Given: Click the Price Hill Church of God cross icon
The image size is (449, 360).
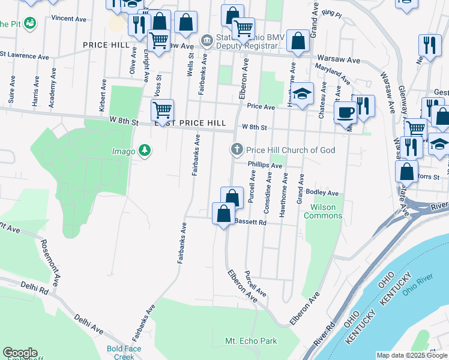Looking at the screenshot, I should pos(237,149).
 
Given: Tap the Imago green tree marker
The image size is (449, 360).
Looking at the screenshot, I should pos(144,150).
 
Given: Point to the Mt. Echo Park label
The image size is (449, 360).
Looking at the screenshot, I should pos(251,341).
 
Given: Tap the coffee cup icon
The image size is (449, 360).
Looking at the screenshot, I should pos(346,112).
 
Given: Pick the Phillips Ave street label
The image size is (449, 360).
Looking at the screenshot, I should pos(264,165).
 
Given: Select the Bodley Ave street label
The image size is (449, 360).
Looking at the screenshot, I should pos(322,193).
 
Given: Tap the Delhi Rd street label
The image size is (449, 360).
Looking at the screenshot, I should pos(35,289).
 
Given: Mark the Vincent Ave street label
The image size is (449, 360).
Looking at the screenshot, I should pos(68,19).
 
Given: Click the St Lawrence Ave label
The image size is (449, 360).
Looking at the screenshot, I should pos(25,54).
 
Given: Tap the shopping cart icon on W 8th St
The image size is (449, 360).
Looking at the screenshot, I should pos(162,110).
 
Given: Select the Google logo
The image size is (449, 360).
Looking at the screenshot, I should pos(20,353).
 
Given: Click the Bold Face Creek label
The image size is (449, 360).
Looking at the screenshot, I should pos(121,353).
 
